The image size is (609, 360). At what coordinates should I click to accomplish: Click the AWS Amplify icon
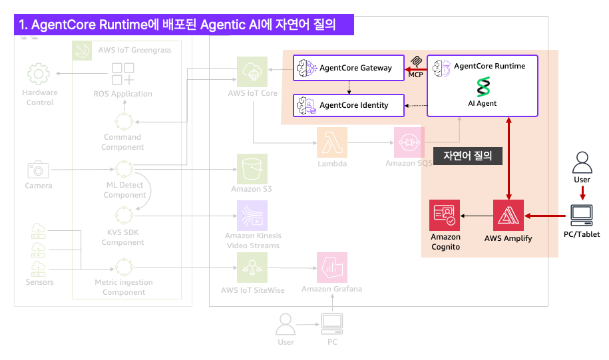(x=509, y=216)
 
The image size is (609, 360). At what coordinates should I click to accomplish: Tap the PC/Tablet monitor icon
(x=582, y=215)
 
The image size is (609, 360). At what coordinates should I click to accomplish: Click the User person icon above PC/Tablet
(x=582, y=162)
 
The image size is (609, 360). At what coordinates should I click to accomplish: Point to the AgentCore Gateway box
(x=349, y=68)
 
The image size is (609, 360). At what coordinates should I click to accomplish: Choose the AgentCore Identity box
(x=349, y=105)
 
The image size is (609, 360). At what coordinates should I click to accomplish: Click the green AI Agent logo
(x=483, y=87)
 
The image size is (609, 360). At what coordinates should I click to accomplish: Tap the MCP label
(x=416, y=74)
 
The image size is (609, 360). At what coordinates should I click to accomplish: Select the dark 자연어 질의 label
(x=467, y=156)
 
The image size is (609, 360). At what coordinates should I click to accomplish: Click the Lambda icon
(x=331, y=142)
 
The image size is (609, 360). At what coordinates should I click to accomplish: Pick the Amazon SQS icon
(x=409, y=142)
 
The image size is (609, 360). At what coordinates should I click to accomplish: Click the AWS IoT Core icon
(x=252, y=71)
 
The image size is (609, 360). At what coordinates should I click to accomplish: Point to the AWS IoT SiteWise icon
(x=252, y=269)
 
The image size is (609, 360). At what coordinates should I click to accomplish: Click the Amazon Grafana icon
(x=331, y=268)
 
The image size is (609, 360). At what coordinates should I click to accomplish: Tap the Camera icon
(x=38, y=169)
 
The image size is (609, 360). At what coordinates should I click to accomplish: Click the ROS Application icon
(x=122, y=74)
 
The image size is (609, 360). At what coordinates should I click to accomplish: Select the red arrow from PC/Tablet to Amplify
(x=547, y=216)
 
